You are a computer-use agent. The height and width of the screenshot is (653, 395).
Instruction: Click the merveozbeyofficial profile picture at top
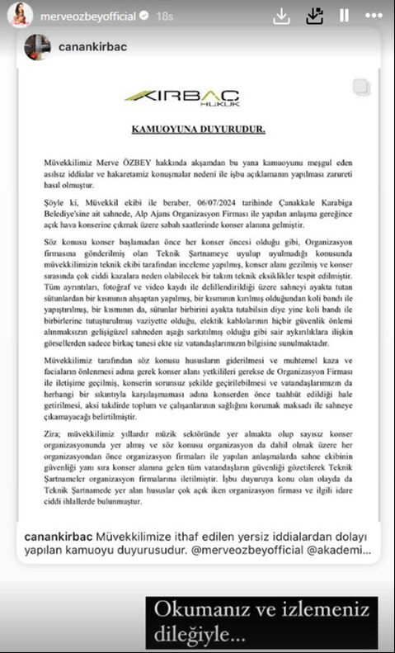(x=20, y=14)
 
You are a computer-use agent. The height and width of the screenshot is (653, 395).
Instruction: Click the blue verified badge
(x=143, y=14)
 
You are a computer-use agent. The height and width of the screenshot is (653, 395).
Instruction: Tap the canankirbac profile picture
(x=37, y=47)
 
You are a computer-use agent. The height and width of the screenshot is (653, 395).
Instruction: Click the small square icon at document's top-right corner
(x=360, y=88)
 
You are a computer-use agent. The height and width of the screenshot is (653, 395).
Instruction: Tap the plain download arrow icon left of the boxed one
(x=282, y=14)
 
